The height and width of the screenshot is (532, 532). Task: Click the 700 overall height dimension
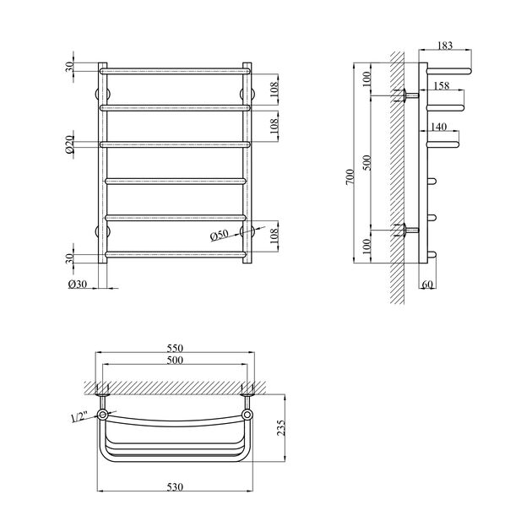point(350,176)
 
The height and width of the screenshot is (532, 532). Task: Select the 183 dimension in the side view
point(445,45)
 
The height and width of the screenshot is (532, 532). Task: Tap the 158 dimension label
point(442,85)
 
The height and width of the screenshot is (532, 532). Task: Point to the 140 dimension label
point(439,127)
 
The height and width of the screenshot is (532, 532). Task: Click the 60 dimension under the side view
point(427,285)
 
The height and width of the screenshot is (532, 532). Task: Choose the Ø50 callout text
point(220,235)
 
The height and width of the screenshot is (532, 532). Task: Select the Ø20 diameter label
point(69,144)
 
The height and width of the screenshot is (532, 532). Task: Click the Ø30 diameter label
point(78,284)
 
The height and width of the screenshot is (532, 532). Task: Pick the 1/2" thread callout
point(79,416)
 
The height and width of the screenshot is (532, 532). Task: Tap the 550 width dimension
point(175,348)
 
